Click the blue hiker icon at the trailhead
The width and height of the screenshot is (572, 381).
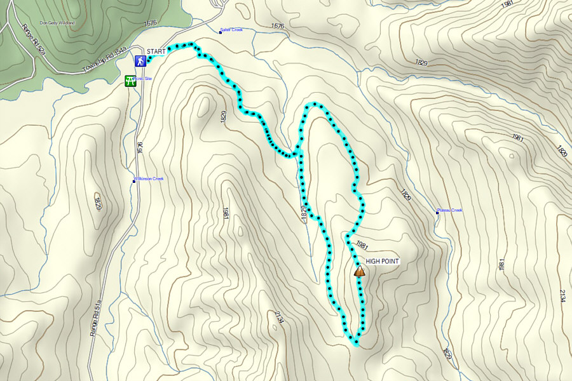coord(140,61)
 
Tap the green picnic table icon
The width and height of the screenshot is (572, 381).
coord(130,81)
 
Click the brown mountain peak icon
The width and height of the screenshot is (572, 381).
coord(359,272)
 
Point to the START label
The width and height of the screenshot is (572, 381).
coord(156,51)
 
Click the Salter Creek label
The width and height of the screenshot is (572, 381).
coord(231,30)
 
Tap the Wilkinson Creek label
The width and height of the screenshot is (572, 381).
coord(149,178)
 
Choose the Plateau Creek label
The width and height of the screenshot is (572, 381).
coord(450,211)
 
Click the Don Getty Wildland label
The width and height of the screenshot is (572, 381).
coord(57,23)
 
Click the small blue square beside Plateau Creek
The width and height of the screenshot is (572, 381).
coord(437,213)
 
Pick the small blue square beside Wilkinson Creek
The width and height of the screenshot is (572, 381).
coord(134,181)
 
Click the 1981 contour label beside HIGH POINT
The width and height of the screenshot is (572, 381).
coord(362,244)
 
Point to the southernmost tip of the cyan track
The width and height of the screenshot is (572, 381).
coord(357,345)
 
